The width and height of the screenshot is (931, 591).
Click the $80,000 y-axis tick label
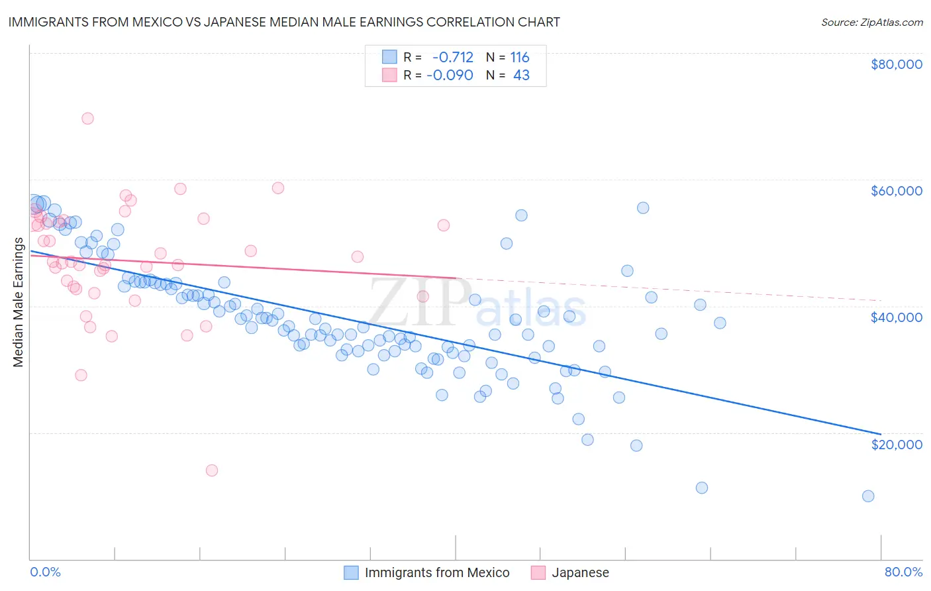click(896, 64)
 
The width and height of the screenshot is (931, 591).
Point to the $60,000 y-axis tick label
click(896, 191)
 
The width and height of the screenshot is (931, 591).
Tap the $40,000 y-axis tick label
click(896, 317)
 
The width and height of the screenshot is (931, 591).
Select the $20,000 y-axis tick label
click(896, 444)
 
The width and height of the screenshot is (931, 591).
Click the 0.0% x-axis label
click(45, 572)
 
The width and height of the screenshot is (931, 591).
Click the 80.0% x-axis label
click(903, 572)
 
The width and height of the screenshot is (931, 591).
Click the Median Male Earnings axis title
click(19, 302)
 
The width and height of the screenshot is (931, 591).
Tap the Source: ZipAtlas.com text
click(871, 22)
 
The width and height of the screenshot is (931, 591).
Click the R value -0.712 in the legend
click(453, 57)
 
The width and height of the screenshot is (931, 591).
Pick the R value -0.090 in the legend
click(450, 75)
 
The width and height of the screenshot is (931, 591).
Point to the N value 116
click(519, 57)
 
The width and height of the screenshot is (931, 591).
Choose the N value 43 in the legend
click(521, 75)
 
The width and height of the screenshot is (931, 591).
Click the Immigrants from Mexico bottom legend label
click(437, 572)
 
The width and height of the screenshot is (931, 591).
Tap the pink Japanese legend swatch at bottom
click(538, 572)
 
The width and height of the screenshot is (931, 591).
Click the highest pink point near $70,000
click(87, 119)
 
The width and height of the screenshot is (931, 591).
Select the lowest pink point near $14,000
click(212, 470)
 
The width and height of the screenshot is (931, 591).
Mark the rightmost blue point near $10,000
click(868, 496)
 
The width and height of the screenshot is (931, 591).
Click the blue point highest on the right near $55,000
click(643, 208)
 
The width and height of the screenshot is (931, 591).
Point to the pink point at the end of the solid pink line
click(423, 296)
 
